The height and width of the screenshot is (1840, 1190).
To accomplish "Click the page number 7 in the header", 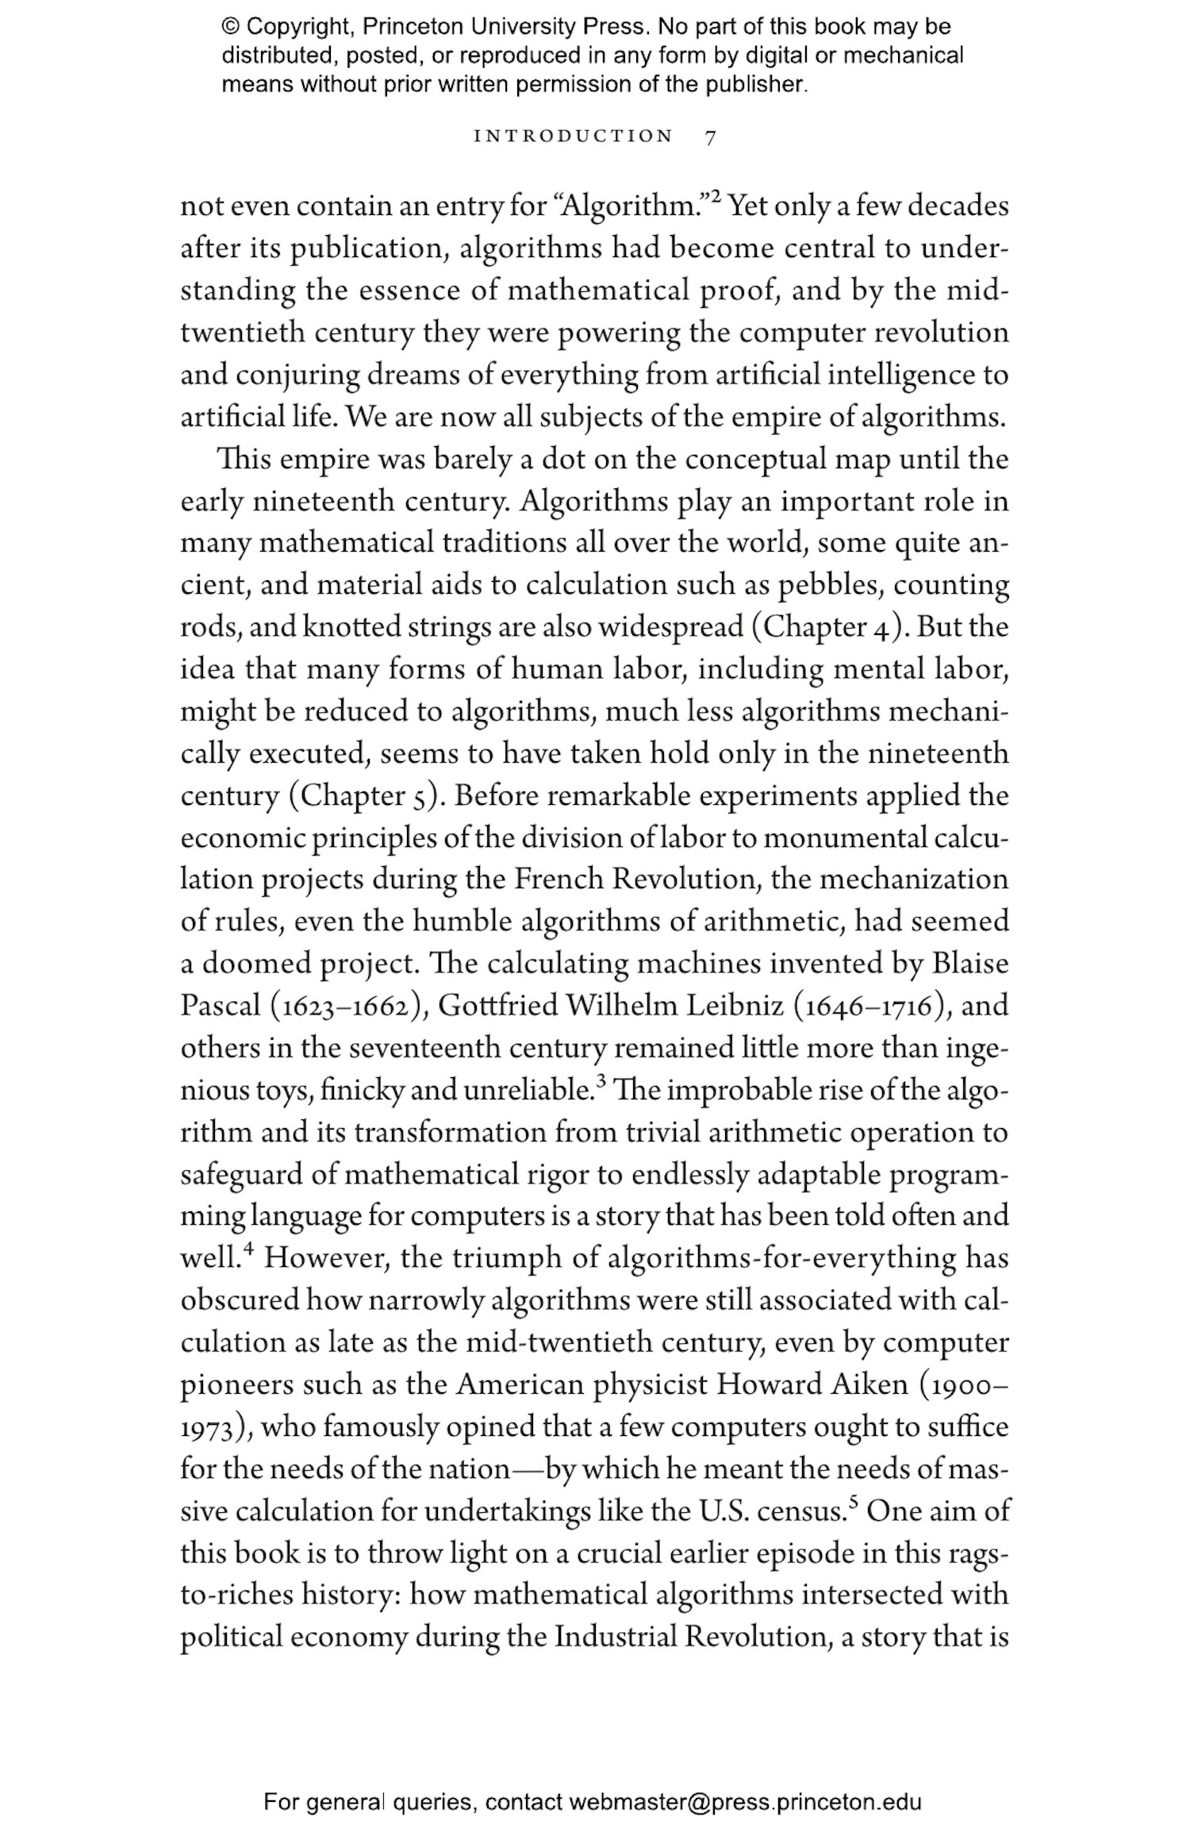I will pyautogui.click(x=710, y=137).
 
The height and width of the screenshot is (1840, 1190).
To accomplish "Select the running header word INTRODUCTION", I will pyautogui.click(x=573, y=137).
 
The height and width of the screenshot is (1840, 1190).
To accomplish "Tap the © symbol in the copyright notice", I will pyautogui.click(x=230, y=28).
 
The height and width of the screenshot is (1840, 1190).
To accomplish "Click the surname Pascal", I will pyautogui.click(x=221, y=1007).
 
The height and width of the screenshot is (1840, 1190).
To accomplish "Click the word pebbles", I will pyautogui.click(x=829, y=585).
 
